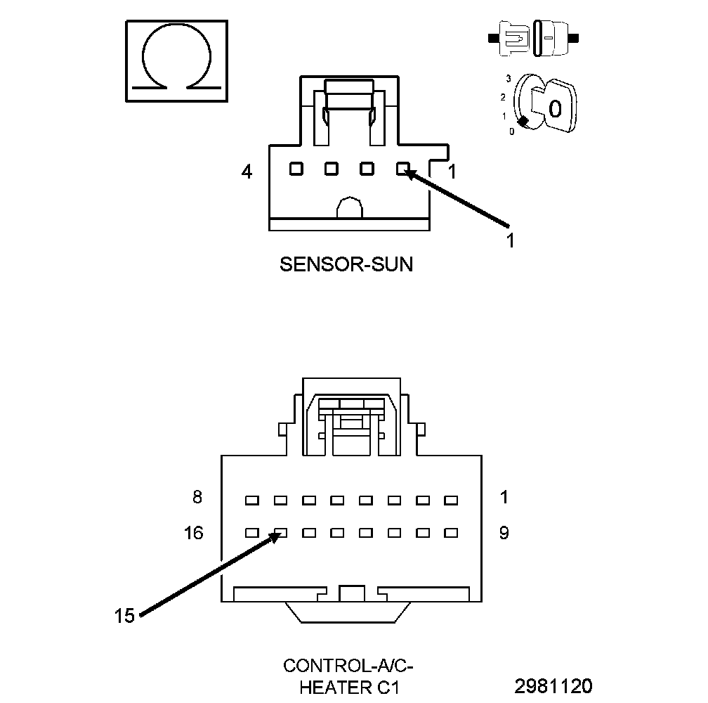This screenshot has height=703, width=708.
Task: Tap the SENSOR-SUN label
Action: (346, 264)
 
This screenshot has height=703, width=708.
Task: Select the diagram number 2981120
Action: (553, 685)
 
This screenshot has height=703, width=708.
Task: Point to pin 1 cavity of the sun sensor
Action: (402, 169)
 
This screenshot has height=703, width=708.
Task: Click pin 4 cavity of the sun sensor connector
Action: (296, 169)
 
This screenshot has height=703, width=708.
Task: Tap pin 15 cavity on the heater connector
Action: (280, 534)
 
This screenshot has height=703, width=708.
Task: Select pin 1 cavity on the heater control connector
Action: (451, 501)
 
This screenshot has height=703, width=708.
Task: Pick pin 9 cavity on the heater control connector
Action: (451, 534)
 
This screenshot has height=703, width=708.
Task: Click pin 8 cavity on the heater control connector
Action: (251, 501)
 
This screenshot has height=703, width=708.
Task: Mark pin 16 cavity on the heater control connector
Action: (251, 534)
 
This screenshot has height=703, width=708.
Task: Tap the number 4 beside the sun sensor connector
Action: (247, 171)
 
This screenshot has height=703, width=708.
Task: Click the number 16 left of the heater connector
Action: (194, 533)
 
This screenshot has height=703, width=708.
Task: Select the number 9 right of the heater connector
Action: (504, 533)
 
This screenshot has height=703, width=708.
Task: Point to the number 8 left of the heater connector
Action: (197, 497)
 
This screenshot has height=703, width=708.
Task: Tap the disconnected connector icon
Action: (536, 37)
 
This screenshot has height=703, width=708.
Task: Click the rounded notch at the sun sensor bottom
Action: (349, 208)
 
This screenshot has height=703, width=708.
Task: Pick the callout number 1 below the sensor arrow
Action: (511, 240)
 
